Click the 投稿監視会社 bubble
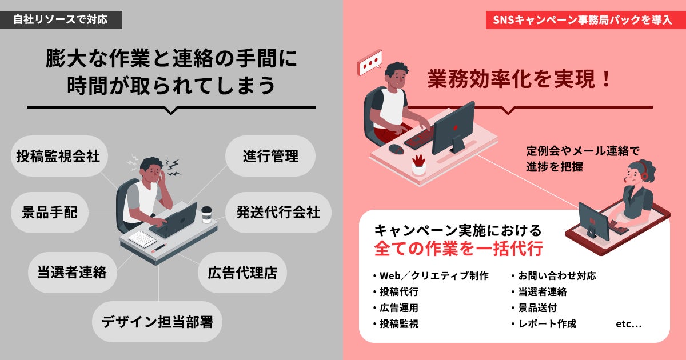coord(59,156)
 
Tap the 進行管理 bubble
coord(270,156)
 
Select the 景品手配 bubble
coord(50,213)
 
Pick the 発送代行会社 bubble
coord(278,213)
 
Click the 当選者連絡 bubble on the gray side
coord(72,273)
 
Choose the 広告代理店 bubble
coord(242,273)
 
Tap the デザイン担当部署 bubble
coord(157,322)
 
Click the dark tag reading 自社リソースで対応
coord(61,20)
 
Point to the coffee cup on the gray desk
coord(207,215)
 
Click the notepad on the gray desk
coord(143,239)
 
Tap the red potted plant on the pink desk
coord(418,165)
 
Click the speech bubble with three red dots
coord(370,62)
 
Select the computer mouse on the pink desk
coord(396,149)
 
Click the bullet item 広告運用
coord(396,307)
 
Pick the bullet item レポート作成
coord(544,323)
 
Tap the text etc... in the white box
coord(628,324)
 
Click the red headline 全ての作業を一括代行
coord(458,248)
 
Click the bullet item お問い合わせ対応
coord(554,276)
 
